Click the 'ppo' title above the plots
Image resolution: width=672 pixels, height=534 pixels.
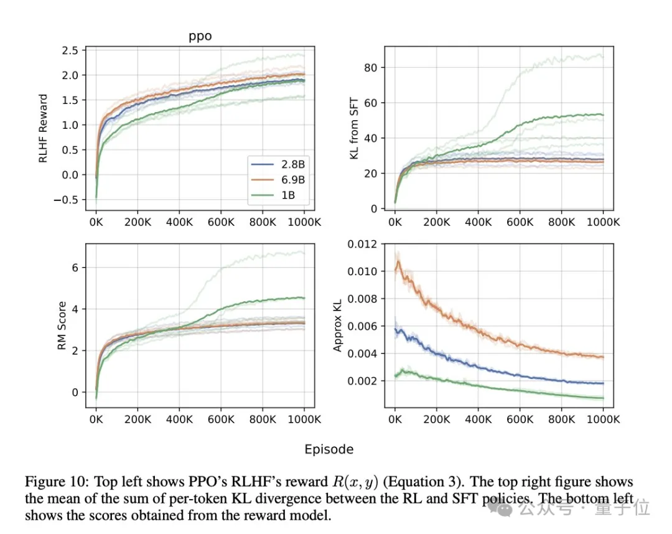tap(200, 36)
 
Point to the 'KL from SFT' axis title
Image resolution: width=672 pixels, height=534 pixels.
tap(354, 129)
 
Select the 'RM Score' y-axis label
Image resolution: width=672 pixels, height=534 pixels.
tap(62, 326)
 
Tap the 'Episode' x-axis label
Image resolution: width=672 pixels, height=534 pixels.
tap(329, 449)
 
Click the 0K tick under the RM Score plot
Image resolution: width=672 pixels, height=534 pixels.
tap(96, 419)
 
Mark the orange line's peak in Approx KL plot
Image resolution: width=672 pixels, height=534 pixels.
tap(398, 261)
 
